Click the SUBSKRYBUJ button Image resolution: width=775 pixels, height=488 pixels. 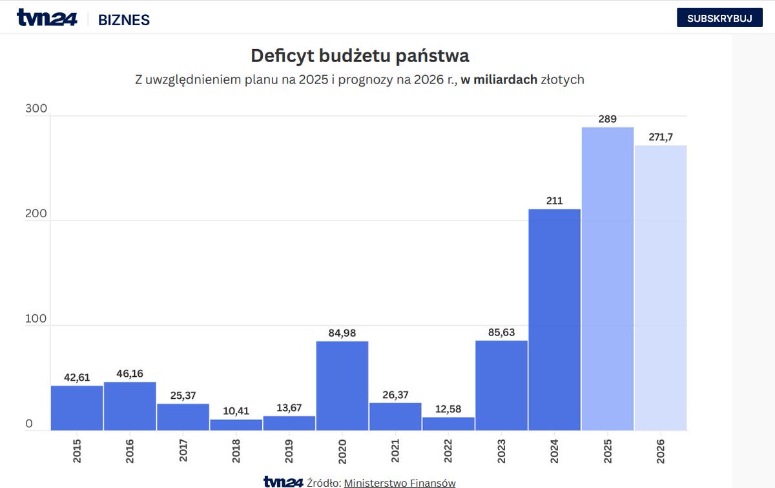click(x=719, y=18)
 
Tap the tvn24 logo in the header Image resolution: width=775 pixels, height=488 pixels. click(x=46, y=18)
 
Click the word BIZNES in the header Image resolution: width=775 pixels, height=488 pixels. click(x=124, y=20)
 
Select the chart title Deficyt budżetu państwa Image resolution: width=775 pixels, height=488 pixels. click(x=360, y=56)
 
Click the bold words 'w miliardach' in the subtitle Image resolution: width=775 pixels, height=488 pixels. click(x=499, y=80)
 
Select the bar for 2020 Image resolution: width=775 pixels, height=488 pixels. click(x=342, y=386)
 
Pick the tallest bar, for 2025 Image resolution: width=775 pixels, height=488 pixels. click(x=607, y=278)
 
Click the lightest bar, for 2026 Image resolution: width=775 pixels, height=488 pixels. click(x=660, y=288)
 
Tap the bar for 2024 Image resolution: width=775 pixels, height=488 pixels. click(x=554, y=320)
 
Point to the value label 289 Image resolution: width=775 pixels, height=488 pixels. click(x=608, y=119)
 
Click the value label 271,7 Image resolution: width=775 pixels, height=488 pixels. click(x=661, y=137)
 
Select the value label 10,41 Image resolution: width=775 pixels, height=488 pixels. click(x=236, y=411)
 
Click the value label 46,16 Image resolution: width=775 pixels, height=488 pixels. click(x=130, y=374)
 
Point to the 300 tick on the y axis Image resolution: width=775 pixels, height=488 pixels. click(x=36, y=109)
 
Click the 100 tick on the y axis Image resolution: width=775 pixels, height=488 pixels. click(x=36, y=319)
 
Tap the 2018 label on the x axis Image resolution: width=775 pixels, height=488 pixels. click(x=236, y=449)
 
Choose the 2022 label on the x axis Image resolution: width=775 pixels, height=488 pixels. click(x=449, y=449)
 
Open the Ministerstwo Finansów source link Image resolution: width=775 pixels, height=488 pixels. click(x=400, y=483)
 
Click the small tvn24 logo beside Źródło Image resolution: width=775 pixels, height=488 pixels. click(x=283, y=482)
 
